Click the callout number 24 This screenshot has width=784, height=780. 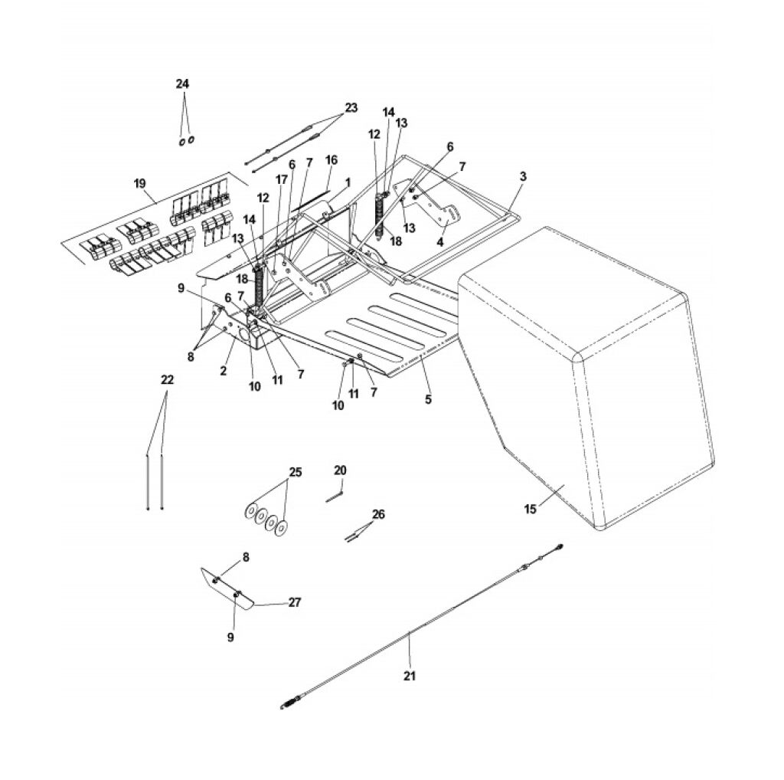182,84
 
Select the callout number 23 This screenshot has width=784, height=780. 351,107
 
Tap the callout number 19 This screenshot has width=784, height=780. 139,184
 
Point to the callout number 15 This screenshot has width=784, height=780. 531,509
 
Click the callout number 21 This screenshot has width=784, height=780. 410,676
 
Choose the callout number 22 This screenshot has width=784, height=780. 167,380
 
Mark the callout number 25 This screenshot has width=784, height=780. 296,472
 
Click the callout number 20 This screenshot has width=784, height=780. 340,470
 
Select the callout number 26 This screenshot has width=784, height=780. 378,514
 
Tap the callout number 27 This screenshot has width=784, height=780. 295,602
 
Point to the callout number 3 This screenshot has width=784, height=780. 523,177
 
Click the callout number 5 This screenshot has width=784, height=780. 428,399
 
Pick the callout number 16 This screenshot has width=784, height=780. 332,160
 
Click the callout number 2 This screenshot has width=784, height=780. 223,371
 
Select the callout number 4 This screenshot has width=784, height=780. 440,241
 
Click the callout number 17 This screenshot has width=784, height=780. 282,179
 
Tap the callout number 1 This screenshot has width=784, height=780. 348,181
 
